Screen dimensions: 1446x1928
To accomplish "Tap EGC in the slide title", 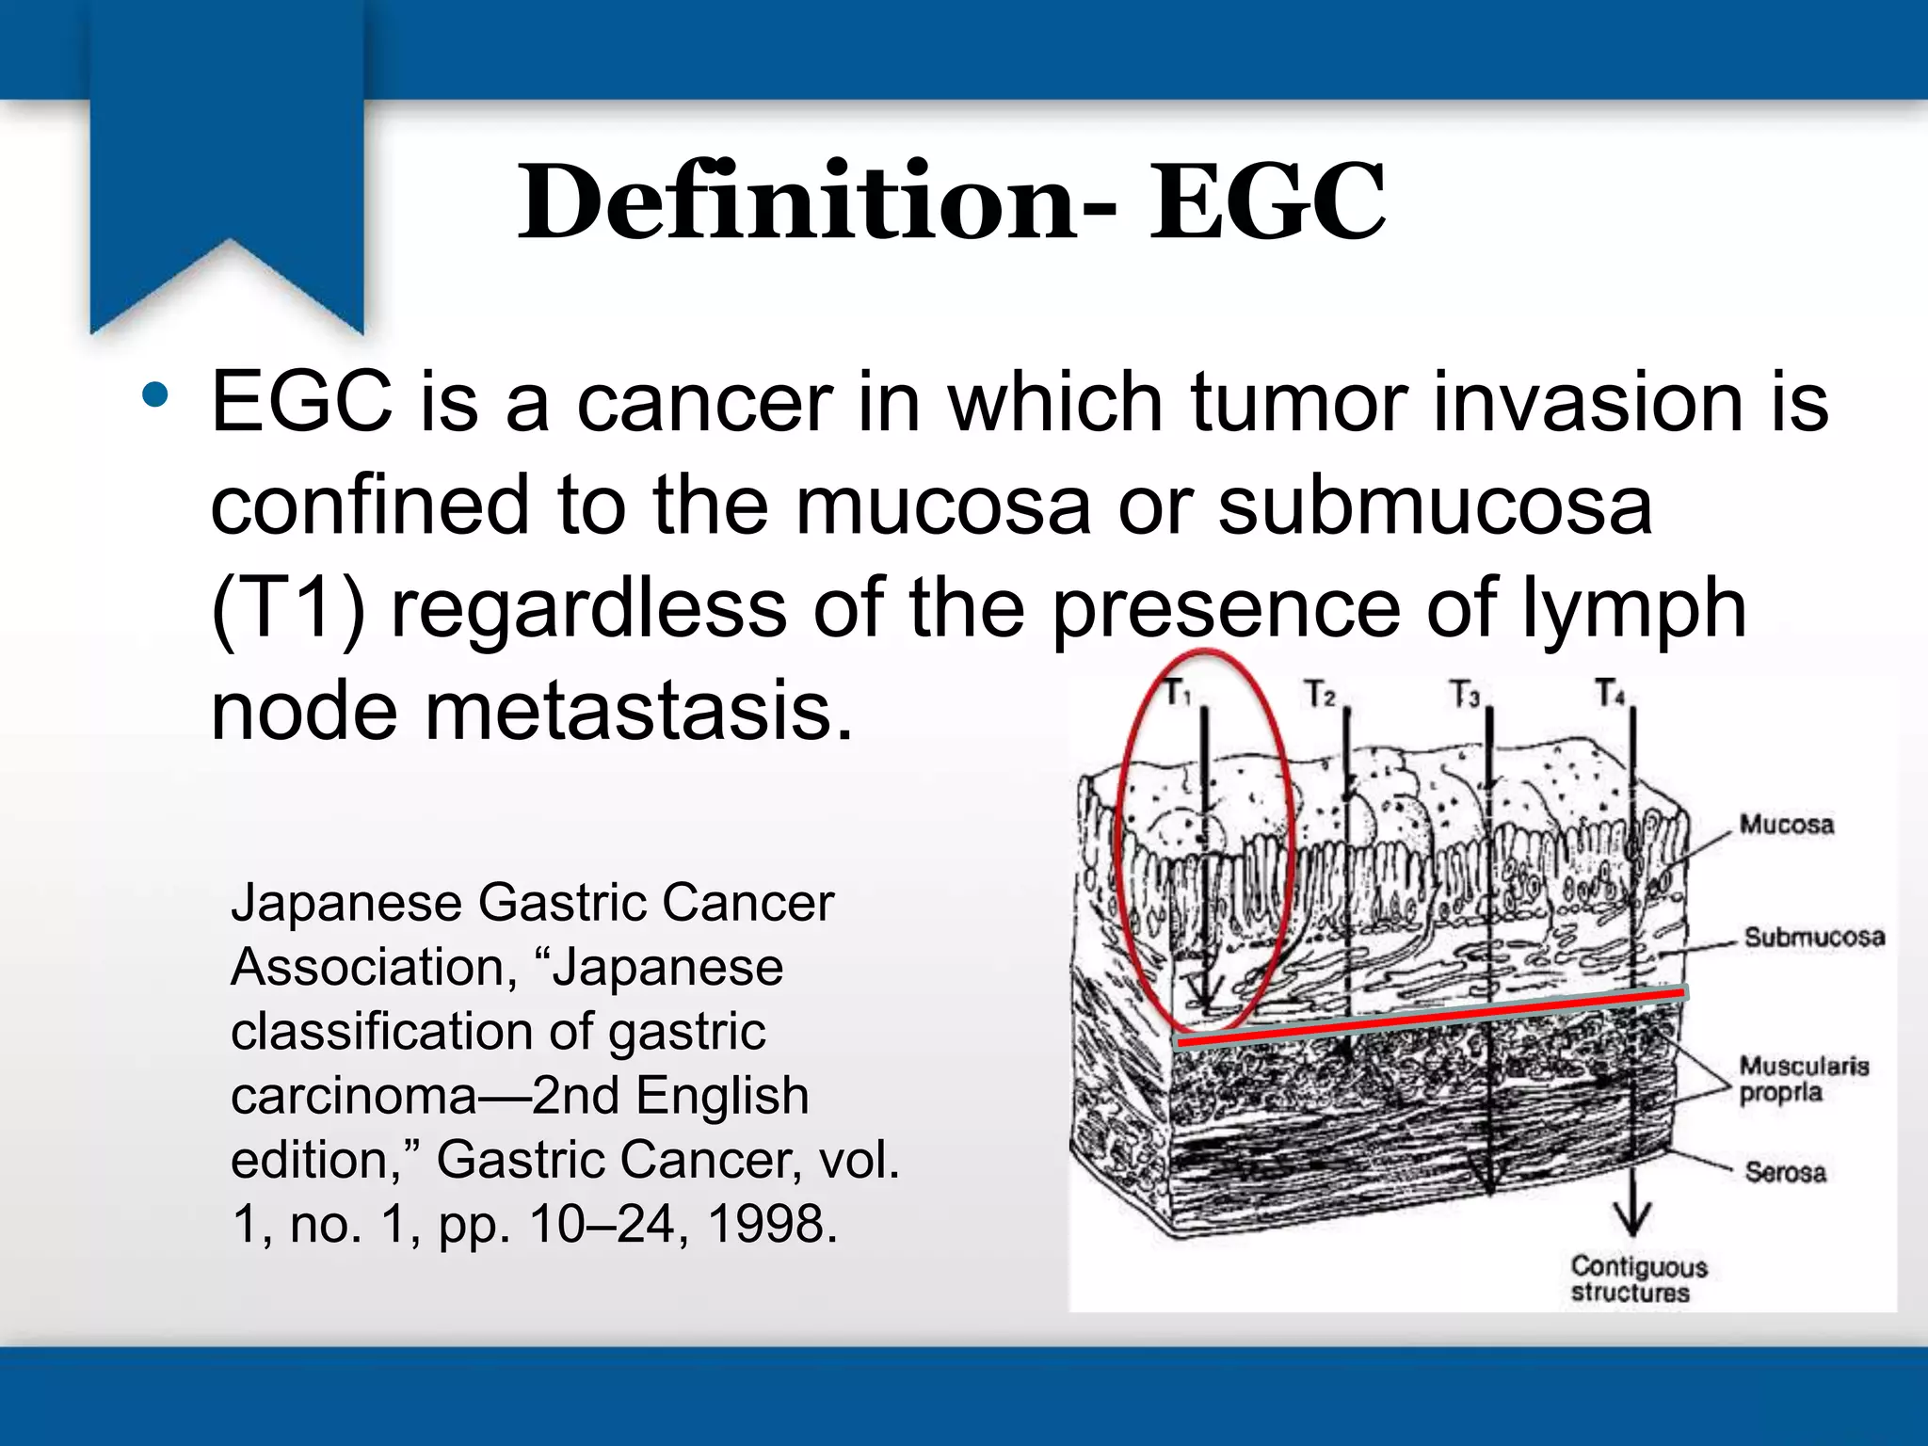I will point(1266,202).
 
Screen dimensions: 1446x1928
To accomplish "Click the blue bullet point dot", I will point(155,395).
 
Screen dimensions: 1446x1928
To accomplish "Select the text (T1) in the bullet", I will point(288,609).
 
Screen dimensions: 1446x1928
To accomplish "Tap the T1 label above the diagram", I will point(1178,694).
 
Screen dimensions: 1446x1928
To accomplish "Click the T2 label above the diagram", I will point(1320,695).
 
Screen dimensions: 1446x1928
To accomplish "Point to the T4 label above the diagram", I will point(1609,694).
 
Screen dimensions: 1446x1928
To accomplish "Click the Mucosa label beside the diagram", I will point(1786,825).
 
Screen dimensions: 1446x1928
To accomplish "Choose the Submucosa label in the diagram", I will point(1813,937).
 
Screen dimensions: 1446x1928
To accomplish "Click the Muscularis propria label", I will point(1802,1079).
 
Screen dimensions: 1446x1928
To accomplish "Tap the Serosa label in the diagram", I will point(1785,1172).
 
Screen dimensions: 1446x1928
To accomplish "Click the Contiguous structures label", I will point(1637,1279).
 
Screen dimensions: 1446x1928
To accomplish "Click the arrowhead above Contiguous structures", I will point(1631,1220).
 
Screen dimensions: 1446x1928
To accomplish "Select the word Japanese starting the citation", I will point(346,903).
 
